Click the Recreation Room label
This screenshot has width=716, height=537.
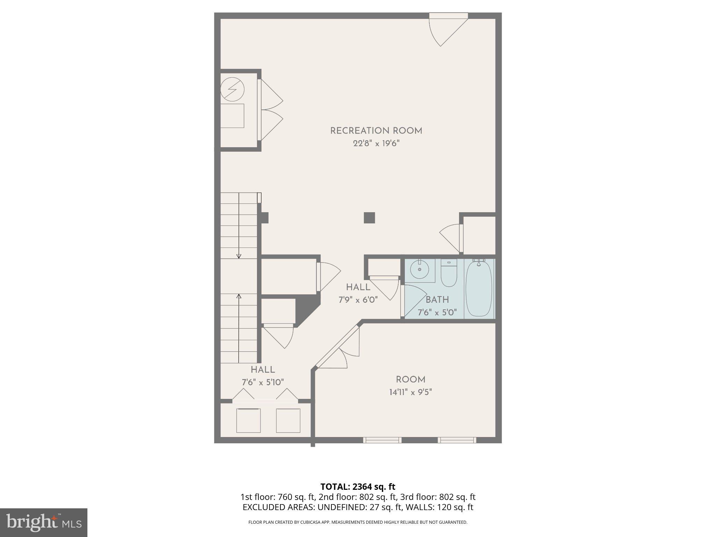pos(376,131)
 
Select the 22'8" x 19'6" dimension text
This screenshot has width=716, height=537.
pos(376,144)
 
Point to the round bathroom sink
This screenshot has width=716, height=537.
pos(419,270)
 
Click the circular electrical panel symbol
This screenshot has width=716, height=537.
pos(232,89)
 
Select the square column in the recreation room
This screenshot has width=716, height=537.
pos(369,218)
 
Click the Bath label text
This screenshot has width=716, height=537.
pos(437,300)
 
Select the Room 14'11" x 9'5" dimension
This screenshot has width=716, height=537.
pos(410,392)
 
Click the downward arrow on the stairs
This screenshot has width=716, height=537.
pos(239,256)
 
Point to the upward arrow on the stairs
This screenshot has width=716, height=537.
pos(239,296)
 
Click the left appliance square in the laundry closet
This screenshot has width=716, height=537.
pos(248,421)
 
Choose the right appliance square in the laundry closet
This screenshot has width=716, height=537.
pos(288,421)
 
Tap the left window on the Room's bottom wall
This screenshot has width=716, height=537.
pos(382,440)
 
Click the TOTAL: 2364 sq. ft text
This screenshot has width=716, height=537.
pos(358,487)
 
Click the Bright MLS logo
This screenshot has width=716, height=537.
pos(44,523)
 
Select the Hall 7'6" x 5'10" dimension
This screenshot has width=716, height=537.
pos(263,382)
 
